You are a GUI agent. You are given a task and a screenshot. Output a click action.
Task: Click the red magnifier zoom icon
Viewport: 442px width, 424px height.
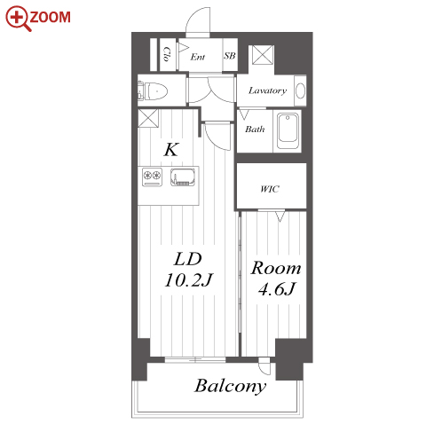coord(18,18)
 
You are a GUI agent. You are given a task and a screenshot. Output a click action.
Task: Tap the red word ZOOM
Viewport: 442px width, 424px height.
coord(51,17)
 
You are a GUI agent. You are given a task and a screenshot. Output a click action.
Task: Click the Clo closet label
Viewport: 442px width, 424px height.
coord(166,54)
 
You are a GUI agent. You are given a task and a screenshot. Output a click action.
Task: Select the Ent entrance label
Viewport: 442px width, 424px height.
coord(198,57)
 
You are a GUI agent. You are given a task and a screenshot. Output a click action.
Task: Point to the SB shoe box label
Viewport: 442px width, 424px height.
coord(230,56)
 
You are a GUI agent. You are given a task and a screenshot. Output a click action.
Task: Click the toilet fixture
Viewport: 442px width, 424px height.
coord(153,90)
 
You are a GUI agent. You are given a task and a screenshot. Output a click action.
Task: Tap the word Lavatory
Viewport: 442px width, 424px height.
coord(267,90)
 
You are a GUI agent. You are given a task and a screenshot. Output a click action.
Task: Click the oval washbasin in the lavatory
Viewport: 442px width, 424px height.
coord(300,90)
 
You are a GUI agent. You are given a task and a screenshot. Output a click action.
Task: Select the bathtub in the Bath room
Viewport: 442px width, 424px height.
coord(288,131)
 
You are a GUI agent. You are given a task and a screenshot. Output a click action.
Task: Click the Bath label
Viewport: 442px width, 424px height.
coord(255,129)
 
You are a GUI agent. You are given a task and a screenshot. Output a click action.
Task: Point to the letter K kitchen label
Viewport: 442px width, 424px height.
coord(171,149)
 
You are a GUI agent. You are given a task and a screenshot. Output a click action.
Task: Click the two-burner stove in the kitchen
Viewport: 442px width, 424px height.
coord(152,177)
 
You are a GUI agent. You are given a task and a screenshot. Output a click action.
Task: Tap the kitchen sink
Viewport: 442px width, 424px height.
coord(183,177)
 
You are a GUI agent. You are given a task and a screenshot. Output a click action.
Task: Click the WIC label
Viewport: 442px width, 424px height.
coord(270,189)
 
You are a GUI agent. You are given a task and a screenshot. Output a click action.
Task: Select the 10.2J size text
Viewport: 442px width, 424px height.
coord(188,279)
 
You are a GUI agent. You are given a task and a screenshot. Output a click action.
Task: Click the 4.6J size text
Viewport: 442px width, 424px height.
coord(276,288)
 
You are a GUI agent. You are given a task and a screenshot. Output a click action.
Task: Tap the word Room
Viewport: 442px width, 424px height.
coord(276,268)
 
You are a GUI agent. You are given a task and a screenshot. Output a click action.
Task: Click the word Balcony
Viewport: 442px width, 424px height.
coord(230,386)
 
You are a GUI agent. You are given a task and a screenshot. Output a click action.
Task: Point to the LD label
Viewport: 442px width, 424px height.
coord(188,259)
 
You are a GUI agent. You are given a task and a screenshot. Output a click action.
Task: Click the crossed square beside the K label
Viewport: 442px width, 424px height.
coord(148,118)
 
